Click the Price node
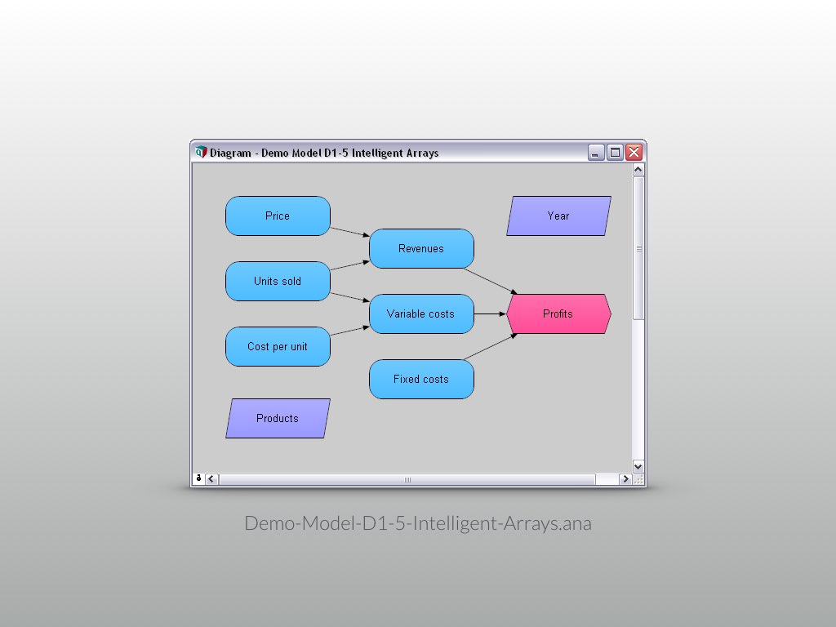278,216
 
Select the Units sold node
278,282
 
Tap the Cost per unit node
278,347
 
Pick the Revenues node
421,249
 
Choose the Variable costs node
421,314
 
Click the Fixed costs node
421,380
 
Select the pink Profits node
558,314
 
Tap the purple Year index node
558,216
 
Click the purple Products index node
278,419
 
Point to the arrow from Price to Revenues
350,231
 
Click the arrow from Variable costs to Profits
490,313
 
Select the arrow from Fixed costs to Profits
490,346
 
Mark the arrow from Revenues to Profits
490,280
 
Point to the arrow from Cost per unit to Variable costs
350,331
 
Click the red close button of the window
634,153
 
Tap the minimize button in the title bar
596,153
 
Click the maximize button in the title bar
615,153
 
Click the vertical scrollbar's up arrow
638,170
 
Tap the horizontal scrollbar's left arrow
211,479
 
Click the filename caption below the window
418,523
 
